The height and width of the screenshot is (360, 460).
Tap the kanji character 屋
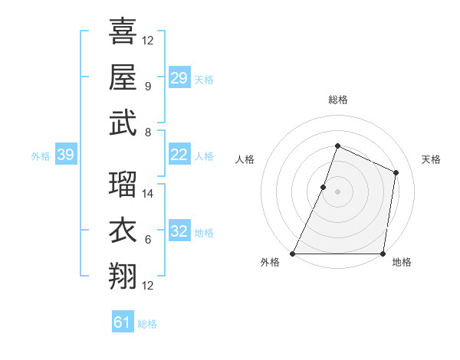pyautogui.click(x=123, y=77)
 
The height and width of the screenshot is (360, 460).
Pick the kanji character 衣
pyautogui.click(x=123, y=231)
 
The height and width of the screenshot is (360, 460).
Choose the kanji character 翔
pyautogui.click(x=123, y=276)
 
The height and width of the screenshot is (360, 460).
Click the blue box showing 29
pyautogui.click(x=179, y=78)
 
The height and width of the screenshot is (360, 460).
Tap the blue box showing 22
pyautogui.click(x=179, y=155)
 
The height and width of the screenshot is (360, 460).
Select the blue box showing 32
pyautogui.click(x=179, y=231)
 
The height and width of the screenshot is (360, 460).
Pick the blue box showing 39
pyautogui.click(x=65, y=155)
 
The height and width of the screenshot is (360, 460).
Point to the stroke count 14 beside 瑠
pyautogui.click(x=148, y=194)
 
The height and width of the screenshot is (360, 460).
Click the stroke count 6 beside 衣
pyautogui.click(x=148, y=240)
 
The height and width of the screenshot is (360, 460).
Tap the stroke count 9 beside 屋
pyautogui.click(x=148, y=87)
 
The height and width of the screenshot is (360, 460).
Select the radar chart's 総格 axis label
pyautogui.click(x=337, y=100)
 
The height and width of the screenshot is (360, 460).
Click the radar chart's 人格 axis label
pyautogui.click(x=245, y=159)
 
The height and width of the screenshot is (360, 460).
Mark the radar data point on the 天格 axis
pyautogui.click(x=396, y=172)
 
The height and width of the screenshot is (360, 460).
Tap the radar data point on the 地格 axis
pyautogui.click(x=383, y=254)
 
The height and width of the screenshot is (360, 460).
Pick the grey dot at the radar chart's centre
pyautogui.click(x=337, y=191)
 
